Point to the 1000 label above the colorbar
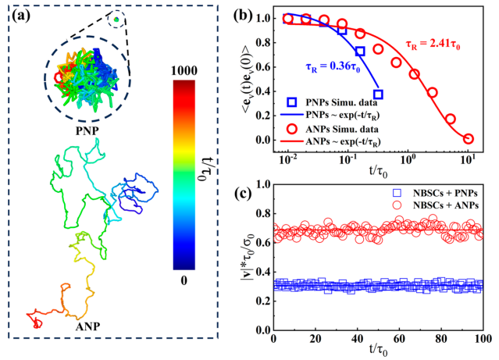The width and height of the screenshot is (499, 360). pos(185,68)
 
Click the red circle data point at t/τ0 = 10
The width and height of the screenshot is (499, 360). pos(468,139)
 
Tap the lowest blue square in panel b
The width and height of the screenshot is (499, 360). pos(378,94)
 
